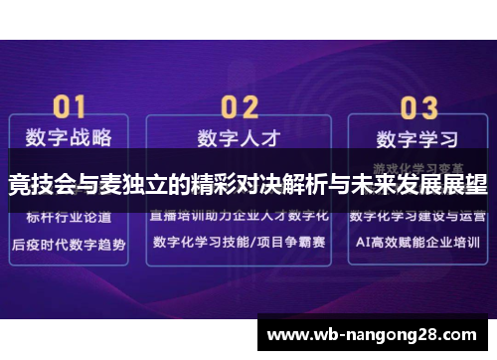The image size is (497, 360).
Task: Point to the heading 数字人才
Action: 239,136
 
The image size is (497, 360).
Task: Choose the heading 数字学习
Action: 417,136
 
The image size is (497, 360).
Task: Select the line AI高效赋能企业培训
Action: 417,243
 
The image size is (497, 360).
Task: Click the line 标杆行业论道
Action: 68,215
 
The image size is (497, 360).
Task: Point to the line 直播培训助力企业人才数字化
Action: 239,215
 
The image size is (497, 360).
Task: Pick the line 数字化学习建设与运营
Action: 417,215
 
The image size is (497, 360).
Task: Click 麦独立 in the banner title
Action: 125,184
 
